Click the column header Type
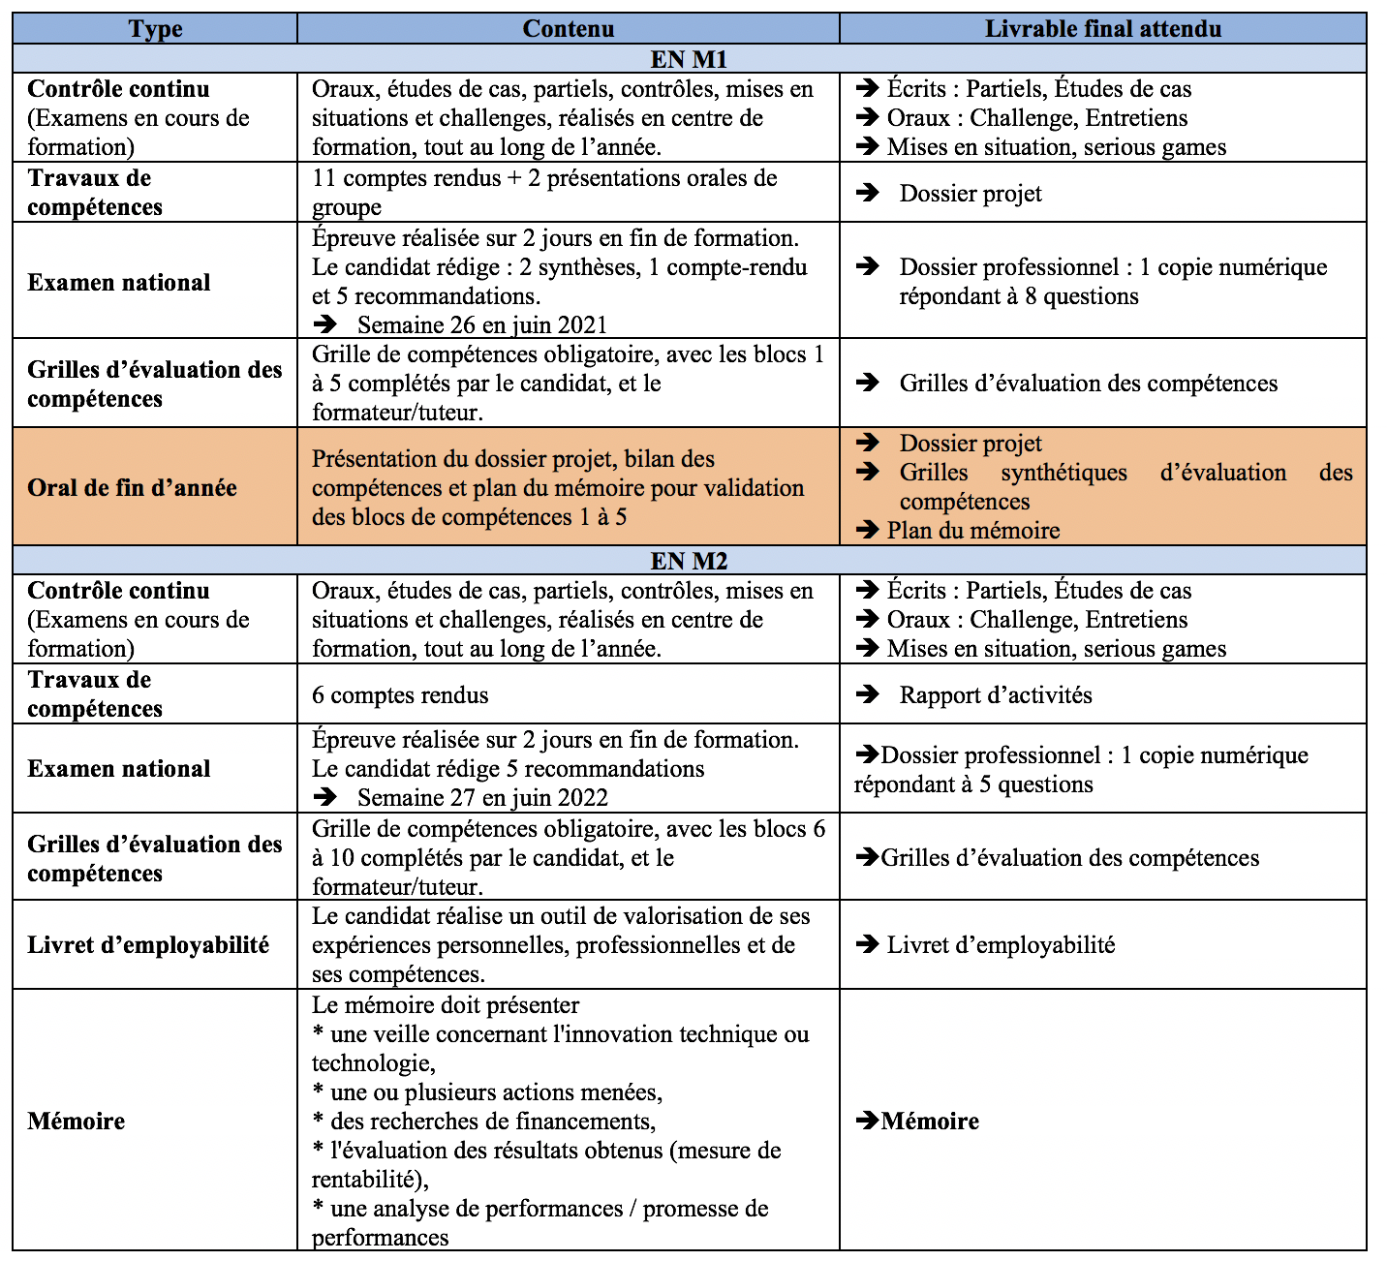155,29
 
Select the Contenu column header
568,29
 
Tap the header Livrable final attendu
1102,29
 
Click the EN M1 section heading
689,59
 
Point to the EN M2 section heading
689,561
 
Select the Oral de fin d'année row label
132,487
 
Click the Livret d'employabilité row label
148,944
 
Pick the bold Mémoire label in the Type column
77,1121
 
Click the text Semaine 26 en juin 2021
481,324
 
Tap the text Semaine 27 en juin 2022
481,797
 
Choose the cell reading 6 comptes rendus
400,694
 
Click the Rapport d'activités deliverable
995,694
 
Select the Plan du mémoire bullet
972,530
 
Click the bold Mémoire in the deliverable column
930,1121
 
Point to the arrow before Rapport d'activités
867,694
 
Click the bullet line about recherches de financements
484,1121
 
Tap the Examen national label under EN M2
119,768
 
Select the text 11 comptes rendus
407,178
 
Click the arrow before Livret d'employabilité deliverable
867,944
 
